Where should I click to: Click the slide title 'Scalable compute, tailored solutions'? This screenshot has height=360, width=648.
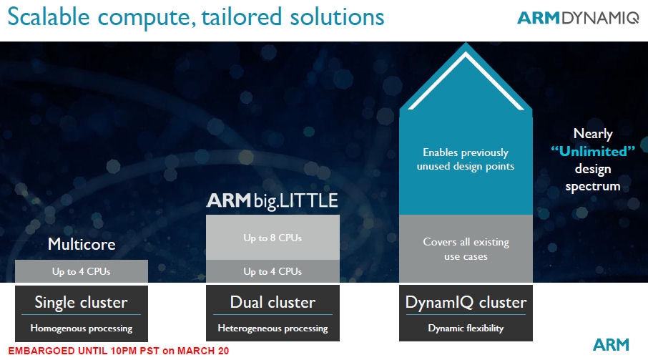click(195, 18)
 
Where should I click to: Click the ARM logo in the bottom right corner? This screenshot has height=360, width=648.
click(610, 345)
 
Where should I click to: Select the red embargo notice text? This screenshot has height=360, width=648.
click(114, 351)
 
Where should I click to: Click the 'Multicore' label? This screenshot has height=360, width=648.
click(82, 244)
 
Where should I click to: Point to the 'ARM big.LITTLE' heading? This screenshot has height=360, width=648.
click(272, 201)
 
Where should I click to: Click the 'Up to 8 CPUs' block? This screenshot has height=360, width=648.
click(272, 237)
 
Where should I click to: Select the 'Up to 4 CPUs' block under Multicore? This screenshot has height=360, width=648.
click(82, 271)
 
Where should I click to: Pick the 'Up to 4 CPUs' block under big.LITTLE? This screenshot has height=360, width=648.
click(272, 271)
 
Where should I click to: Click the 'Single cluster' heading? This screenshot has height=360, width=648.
click(82, 302)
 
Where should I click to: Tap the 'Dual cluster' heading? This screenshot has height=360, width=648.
click(272, 302)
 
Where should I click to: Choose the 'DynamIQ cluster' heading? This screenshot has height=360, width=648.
click(466, 302)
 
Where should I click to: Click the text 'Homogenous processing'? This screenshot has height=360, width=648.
click(82, 329)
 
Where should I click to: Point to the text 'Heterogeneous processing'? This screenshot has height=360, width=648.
click(272, 329)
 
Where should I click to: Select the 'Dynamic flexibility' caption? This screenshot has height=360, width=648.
click(466, 329)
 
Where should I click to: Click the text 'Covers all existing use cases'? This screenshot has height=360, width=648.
click(466, 248)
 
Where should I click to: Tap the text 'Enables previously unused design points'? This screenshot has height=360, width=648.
click(466, 159)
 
